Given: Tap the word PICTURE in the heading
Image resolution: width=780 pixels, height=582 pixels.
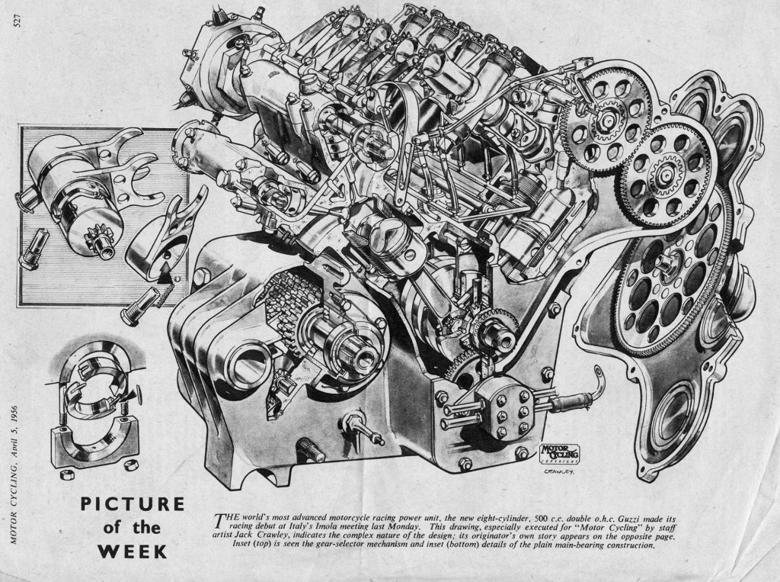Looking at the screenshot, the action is pos(133,503).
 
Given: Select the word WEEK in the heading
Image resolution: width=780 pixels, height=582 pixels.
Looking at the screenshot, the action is pos(133,551).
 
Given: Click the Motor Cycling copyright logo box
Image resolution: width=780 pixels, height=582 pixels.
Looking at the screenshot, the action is pos(560,452).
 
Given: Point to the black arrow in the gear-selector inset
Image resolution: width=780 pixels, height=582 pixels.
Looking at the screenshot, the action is pos(165,275).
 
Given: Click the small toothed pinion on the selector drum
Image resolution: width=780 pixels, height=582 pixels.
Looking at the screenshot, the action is pos(95,236).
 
